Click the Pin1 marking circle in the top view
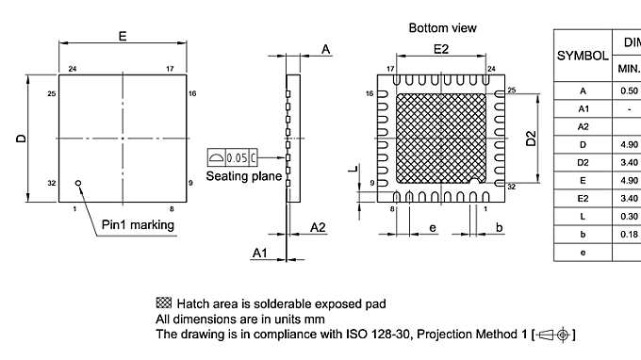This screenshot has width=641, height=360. (78, 184)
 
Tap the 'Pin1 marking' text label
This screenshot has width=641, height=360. (138, 224)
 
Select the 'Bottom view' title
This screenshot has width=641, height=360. (442, 28)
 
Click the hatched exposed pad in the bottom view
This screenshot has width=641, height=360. (442, 138)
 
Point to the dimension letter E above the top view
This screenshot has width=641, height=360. (123, 35)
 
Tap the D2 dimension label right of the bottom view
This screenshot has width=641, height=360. (531, 139)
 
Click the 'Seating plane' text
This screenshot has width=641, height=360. (241, 176)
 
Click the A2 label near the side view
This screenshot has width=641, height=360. (318, 226)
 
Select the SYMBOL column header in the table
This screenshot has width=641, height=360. (582, 56)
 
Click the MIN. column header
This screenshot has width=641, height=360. (628, 68)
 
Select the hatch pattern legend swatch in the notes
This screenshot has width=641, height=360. (162, 303)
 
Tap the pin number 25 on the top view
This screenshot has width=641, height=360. (52, 93)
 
